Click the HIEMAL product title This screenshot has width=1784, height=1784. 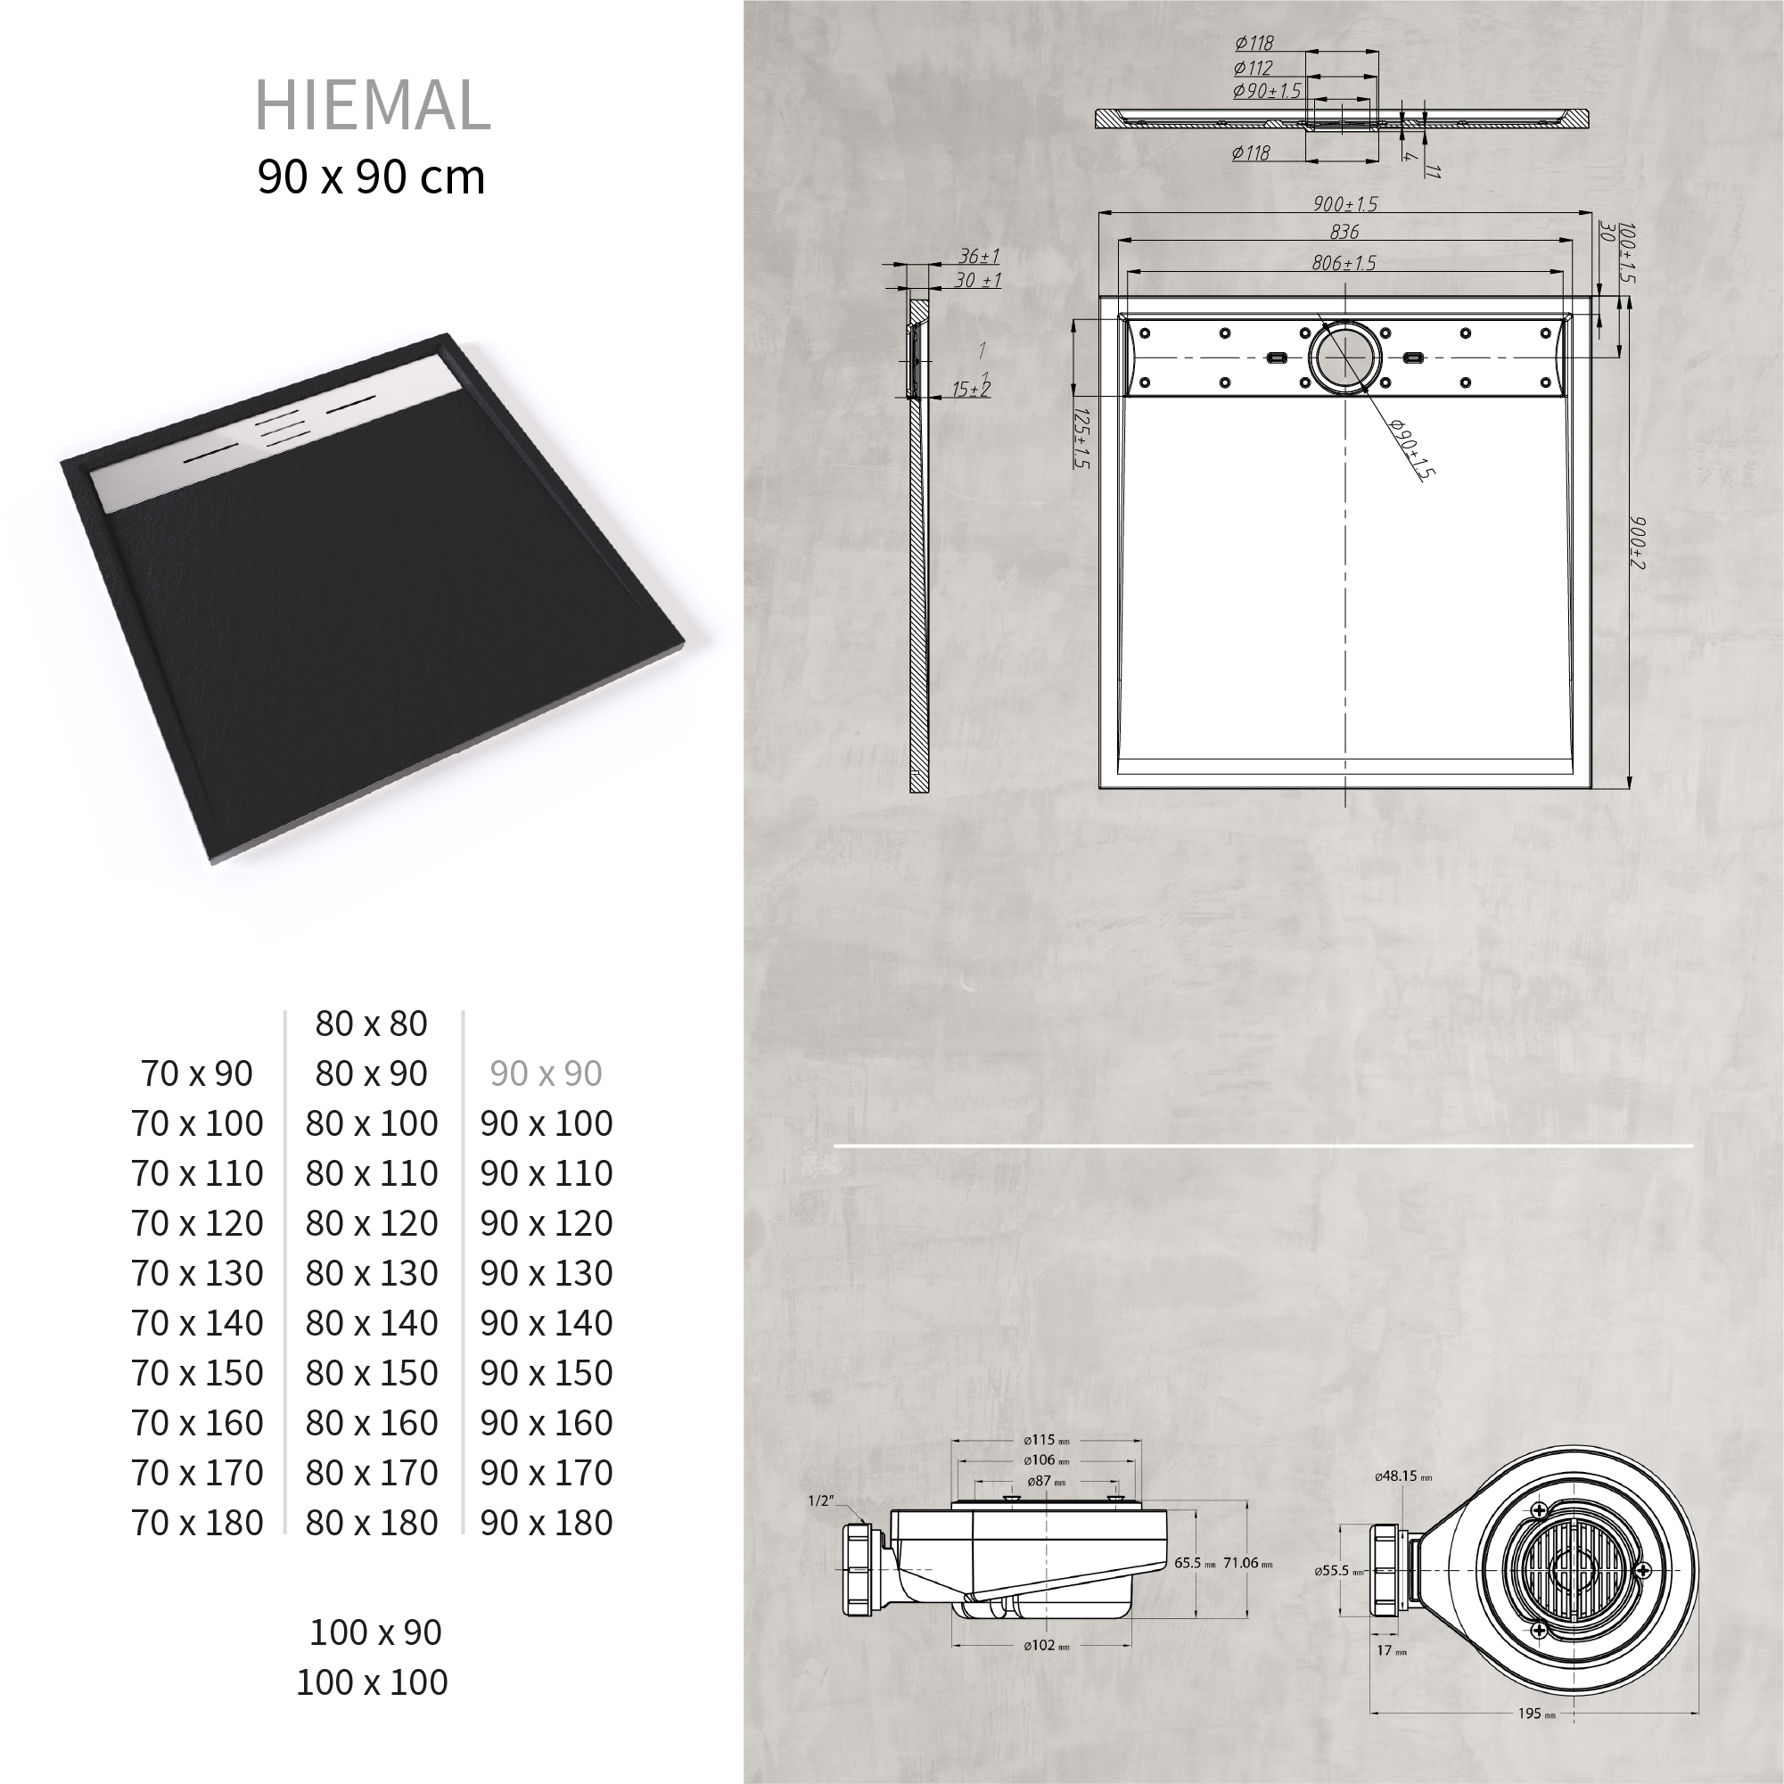(372, 104)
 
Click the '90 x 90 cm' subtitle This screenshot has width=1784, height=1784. (371, 177)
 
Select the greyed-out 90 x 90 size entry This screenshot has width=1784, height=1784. (546, 1073)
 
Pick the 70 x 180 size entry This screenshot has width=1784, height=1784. (198, 1523)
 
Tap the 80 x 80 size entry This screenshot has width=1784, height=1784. (371, 1024)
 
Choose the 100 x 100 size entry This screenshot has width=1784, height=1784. (371, 1681)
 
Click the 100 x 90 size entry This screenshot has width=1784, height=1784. (374, 1632)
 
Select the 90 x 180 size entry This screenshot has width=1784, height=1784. (546, 1523)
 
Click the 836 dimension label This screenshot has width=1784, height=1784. (1344, 232)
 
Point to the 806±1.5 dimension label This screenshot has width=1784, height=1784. (1344, 263)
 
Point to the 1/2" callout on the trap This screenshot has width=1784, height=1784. (820, 1501)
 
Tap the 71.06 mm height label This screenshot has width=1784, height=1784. (1247, 1563)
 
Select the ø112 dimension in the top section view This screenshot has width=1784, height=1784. (1253, 68)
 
